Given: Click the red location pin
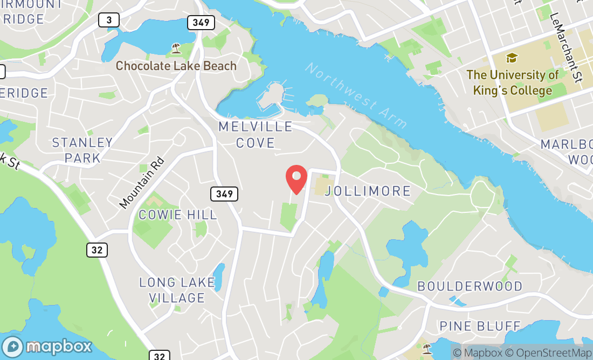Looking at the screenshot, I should [x=296, y=179].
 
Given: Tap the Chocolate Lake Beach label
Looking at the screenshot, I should [x=176, y=66].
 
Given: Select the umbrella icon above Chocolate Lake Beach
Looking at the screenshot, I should [x=176, y=49].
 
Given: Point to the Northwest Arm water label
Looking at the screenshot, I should [x=356, y=95].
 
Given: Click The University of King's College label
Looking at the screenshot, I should [x=512, y=82].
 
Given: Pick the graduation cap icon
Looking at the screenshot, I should [x=512, y=58].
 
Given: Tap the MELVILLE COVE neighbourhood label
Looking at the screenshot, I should [x=255, y=135].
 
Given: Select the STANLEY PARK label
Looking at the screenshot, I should [x=82, y=150].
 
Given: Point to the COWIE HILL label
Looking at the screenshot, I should [x=178, y=214].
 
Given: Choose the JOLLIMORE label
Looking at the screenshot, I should [x=369, y=191].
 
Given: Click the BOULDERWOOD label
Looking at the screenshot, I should [x=470, y=286].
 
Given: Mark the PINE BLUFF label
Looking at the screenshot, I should [x=480, y=326].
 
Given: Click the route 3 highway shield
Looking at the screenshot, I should [x=109, y=20].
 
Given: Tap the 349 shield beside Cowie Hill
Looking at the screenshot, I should [x=224, y=194].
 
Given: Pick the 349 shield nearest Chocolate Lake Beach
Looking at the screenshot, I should [x=201, y=23].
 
